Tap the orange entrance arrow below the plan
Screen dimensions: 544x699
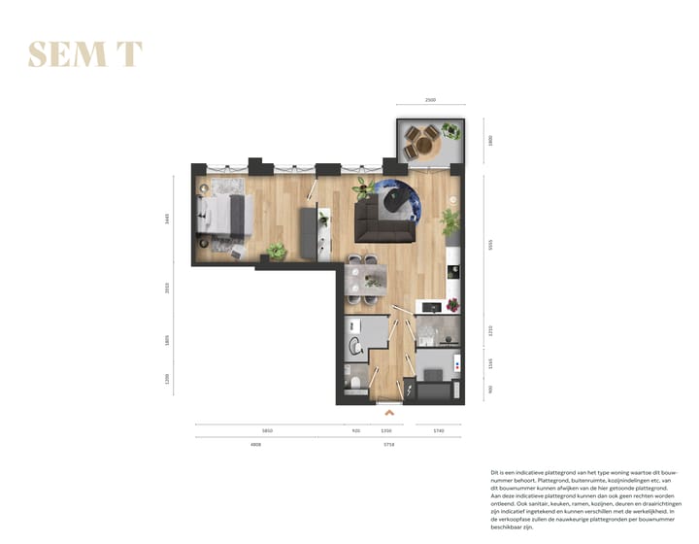pyautogui.click(x=389, y=412)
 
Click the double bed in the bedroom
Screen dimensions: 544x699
pyautogui.click(x=227, y=216)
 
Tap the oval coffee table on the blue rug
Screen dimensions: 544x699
pyautogui.click(x=396, y=198)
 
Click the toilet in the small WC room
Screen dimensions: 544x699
pyautogui.click(x=355, y=387)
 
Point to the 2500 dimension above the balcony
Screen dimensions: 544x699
pyautogui.click(x=430, y=100)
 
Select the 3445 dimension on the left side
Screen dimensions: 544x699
pyautogui.click(x=167, y=219)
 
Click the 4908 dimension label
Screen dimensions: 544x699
pyautogui.click(x=256, y=444)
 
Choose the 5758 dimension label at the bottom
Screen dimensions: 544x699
pyautogui.click(x=388, y=444)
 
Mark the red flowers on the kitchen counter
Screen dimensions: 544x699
pyautogui.click(x=450, y=304)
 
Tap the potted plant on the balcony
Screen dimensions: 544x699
pyautogui.click(x=451, y=130)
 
